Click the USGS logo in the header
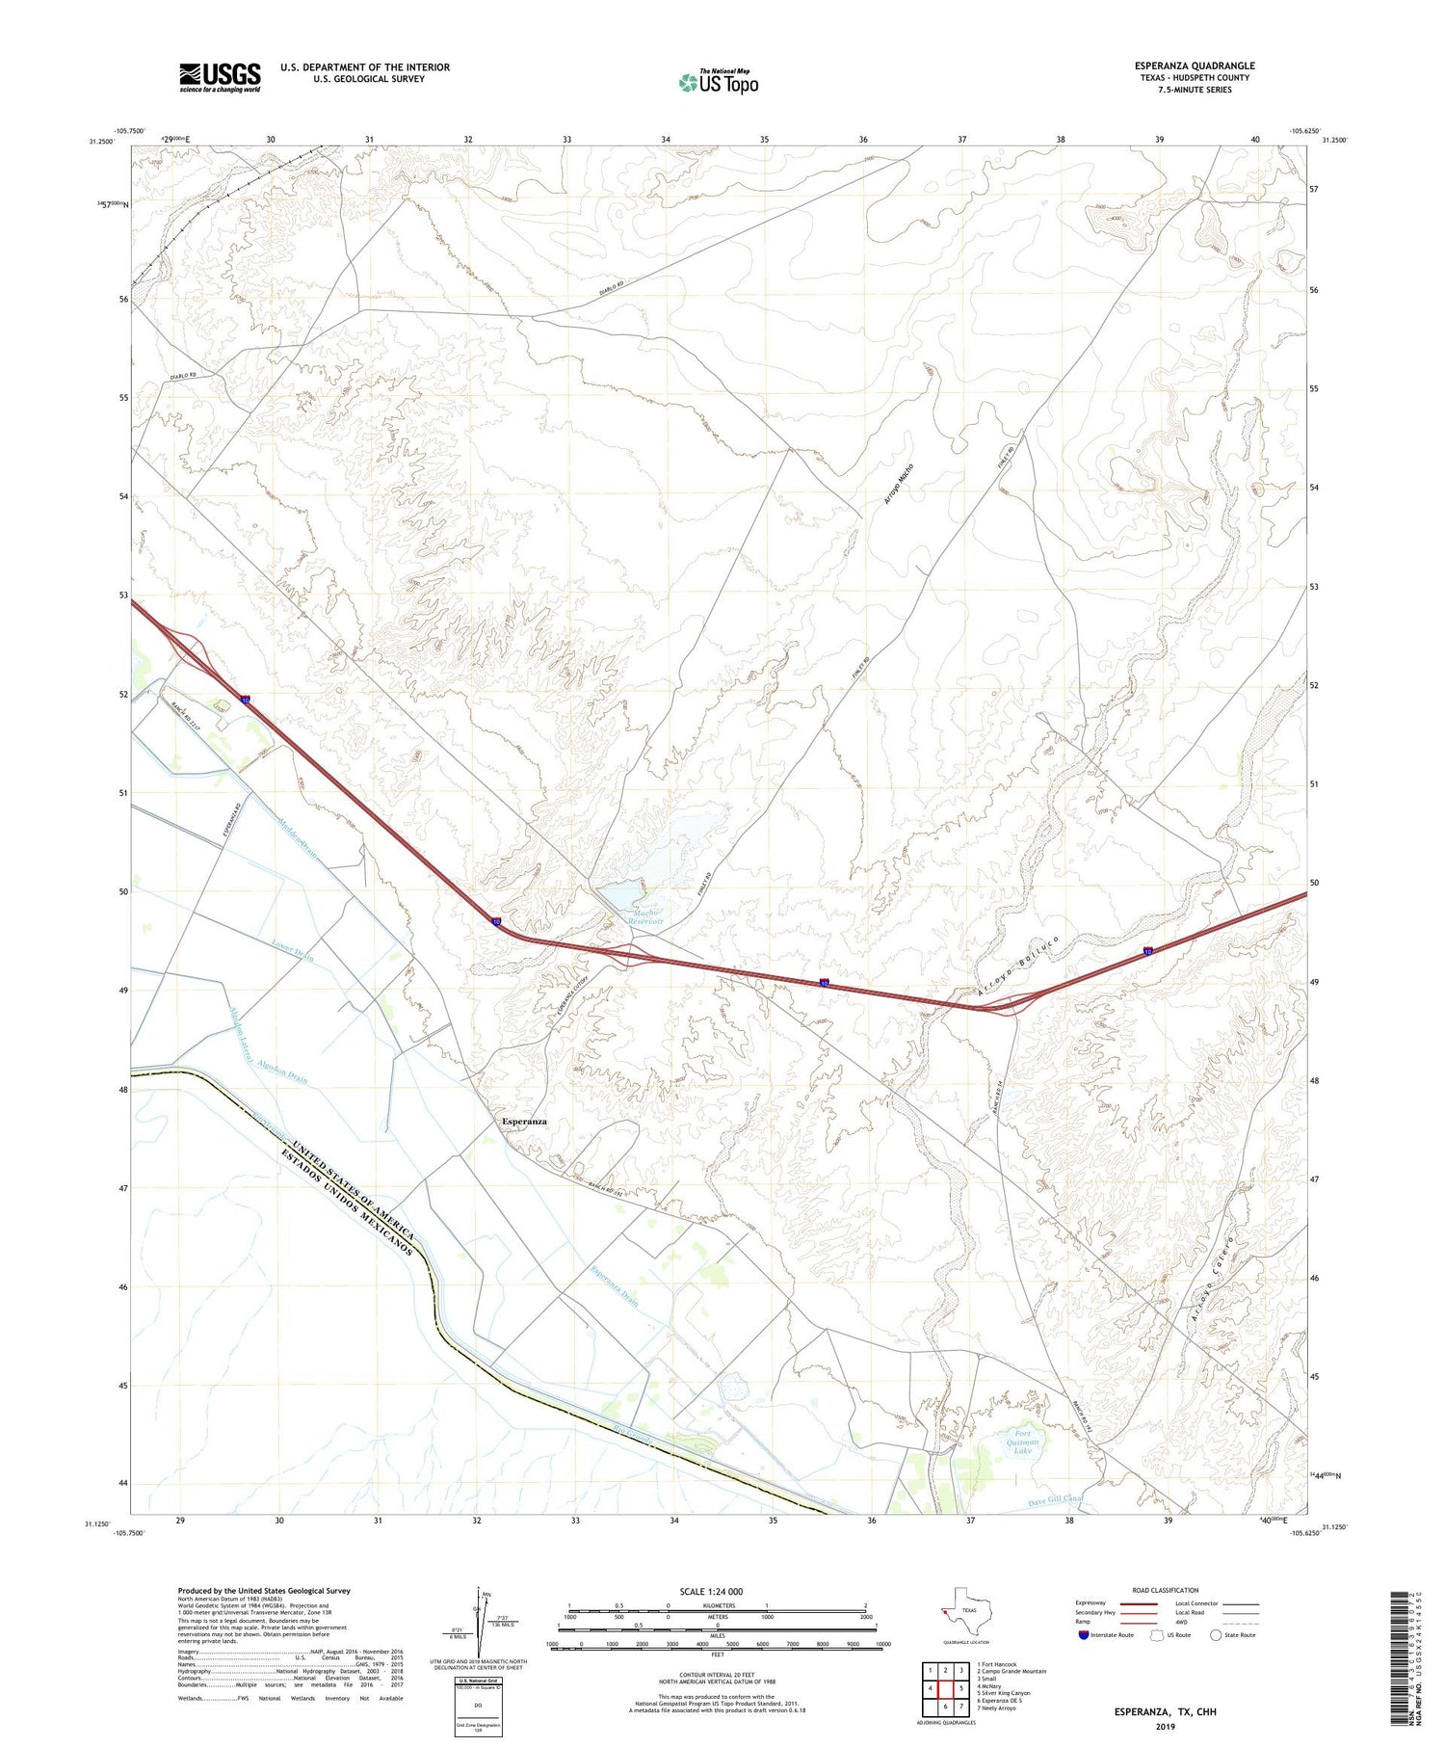(220, 77)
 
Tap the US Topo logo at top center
(718, 83)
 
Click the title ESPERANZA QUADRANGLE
(1181, 66)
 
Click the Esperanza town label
(524, 1122)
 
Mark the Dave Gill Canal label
(1056, 1499)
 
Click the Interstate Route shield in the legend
(1084, 1635)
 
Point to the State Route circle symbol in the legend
(1216, 1635)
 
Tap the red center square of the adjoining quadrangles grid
(946, 1689)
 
